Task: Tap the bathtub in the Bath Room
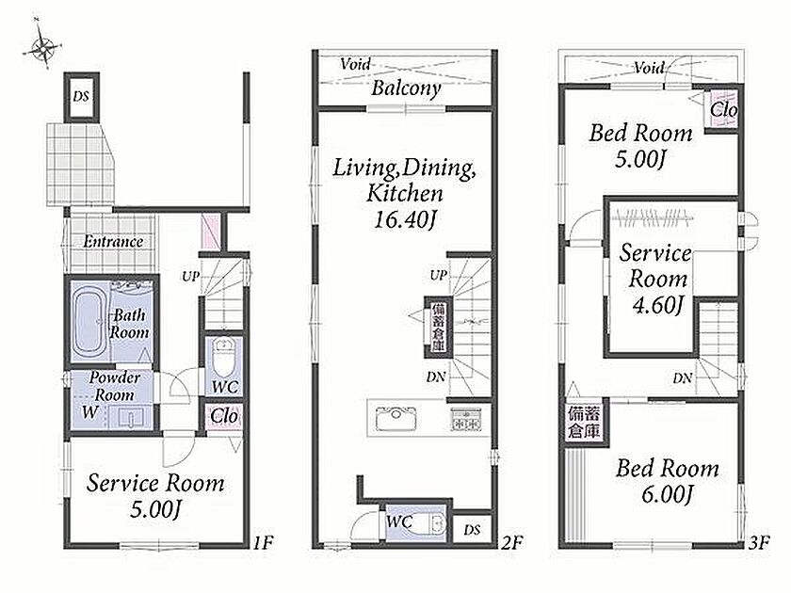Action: pos(89,322)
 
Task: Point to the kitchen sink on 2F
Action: pos(396,418)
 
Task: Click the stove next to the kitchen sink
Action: pos(465,418)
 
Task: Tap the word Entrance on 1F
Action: pos(113,242)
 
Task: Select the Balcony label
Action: pos(406,88)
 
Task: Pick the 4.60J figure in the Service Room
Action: pos(657,305)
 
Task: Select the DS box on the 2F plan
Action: pos(472,529)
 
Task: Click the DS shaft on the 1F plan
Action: pos(81,96)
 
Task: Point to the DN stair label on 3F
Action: pos(682,377)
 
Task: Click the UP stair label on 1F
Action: pos(190,277)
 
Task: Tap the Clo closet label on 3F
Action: pos(724,109)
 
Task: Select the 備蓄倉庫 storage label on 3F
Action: pos(584,423)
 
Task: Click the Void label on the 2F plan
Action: pos(355,64)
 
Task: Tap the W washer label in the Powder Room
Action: pos(89,411)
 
